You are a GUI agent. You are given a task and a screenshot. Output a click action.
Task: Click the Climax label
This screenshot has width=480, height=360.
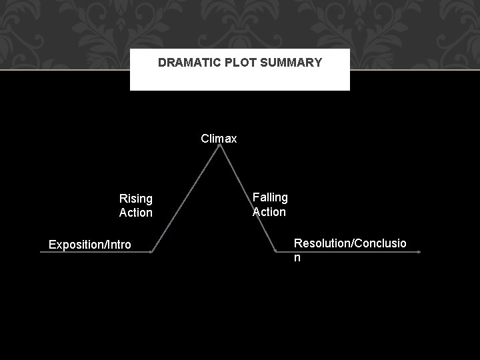219,139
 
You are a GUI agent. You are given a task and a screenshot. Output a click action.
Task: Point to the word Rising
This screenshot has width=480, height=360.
135,198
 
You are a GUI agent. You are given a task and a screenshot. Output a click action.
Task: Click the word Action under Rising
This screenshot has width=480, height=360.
135,213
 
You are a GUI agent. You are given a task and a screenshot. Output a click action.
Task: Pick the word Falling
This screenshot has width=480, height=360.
270,197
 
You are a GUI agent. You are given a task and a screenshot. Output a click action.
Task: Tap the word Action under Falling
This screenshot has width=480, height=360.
269,212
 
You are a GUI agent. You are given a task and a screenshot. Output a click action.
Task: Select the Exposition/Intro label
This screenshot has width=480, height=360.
90,245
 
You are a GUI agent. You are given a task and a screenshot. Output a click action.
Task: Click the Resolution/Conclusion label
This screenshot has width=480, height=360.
350,249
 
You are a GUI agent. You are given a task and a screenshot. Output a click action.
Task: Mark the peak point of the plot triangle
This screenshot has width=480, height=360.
219,147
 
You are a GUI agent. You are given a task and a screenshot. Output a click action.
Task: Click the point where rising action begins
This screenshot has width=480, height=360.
152,253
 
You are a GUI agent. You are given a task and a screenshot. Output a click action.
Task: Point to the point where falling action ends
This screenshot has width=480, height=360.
276,252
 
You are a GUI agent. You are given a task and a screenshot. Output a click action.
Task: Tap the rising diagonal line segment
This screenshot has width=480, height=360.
185,200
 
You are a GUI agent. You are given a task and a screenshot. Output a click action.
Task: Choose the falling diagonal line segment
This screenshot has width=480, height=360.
248,200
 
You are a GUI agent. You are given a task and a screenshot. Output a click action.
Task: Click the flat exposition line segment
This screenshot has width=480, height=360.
97,253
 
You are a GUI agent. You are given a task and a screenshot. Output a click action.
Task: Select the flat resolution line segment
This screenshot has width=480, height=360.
347,252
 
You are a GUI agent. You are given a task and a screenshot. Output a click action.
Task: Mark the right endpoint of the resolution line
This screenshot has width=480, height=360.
419,252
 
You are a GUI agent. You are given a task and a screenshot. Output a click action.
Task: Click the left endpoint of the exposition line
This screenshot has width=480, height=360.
41,253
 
